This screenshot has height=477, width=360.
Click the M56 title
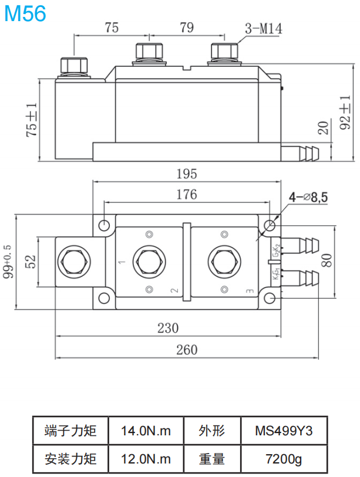[25, 13]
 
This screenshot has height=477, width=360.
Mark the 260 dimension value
[187, 350]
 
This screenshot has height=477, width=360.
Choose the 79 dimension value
[187, 27]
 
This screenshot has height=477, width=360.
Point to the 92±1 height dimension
[346, 114]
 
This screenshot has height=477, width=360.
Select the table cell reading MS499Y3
[284, 431]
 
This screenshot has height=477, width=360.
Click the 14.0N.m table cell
[146, 431]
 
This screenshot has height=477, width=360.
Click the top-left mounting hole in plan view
[105, 225]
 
